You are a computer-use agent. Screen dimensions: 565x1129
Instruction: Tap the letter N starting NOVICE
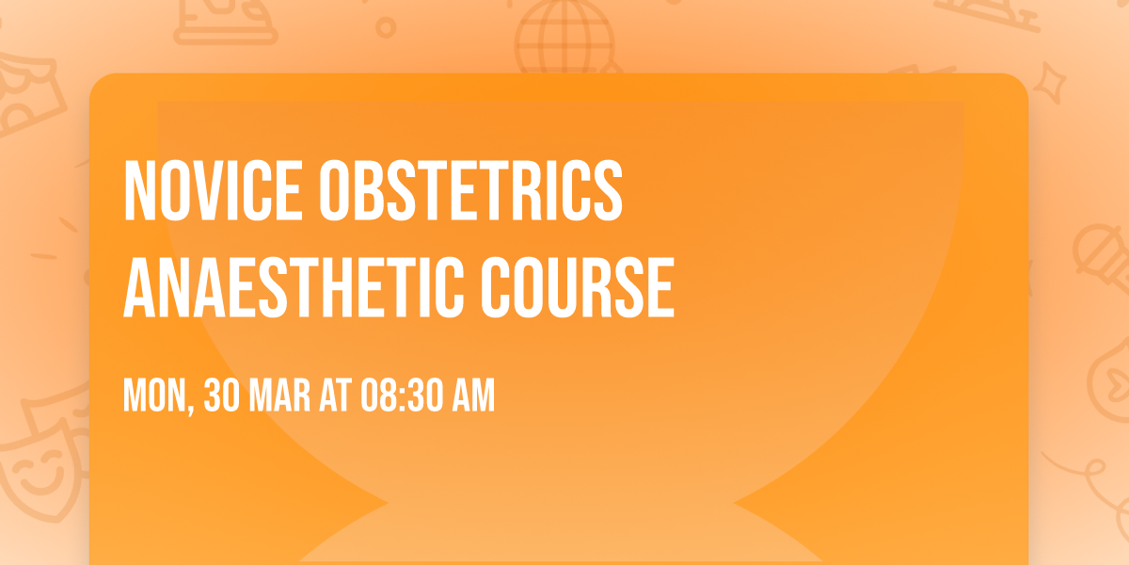pyautogui.click(x=139, y=191)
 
